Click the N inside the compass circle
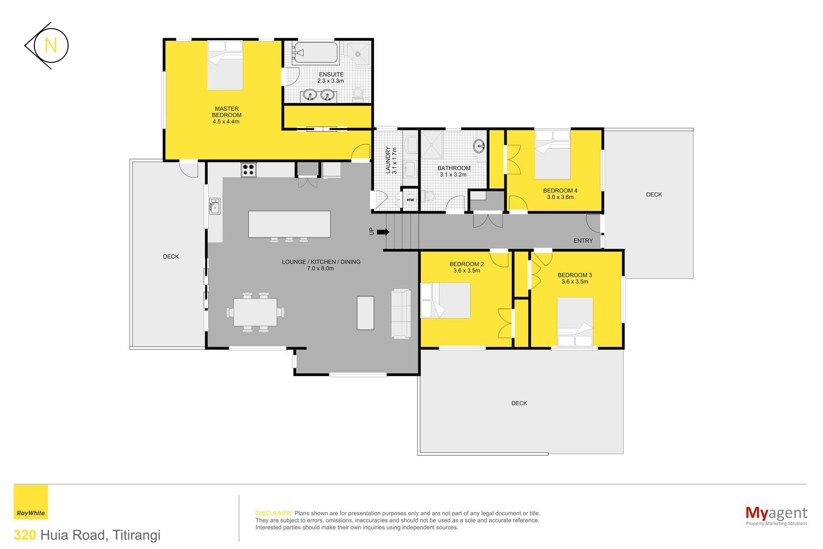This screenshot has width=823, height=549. (51, 45)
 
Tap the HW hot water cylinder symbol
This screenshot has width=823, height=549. (410, 200)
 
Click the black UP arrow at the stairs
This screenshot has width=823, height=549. (383, 232)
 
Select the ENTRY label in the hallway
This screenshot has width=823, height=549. (583, 241)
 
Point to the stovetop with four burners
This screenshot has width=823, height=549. (249, 170)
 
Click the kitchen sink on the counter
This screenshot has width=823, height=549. (215, 206)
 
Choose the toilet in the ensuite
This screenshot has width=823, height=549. (358, 94)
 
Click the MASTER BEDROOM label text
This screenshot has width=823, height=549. (227, 112)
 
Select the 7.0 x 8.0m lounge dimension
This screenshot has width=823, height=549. (320, 268)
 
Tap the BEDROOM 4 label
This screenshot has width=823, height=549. (560, 190)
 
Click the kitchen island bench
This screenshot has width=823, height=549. (289, 224)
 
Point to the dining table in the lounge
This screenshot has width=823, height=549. (255, 312)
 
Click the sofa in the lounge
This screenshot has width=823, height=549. (401, 314)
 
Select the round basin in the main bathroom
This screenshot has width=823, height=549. (479, 146)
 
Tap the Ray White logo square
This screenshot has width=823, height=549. (31, 502)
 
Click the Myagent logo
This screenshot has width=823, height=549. (776, 515)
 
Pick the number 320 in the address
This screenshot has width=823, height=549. (25, 535)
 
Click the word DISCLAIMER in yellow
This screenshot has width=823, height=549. (274, 513)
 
